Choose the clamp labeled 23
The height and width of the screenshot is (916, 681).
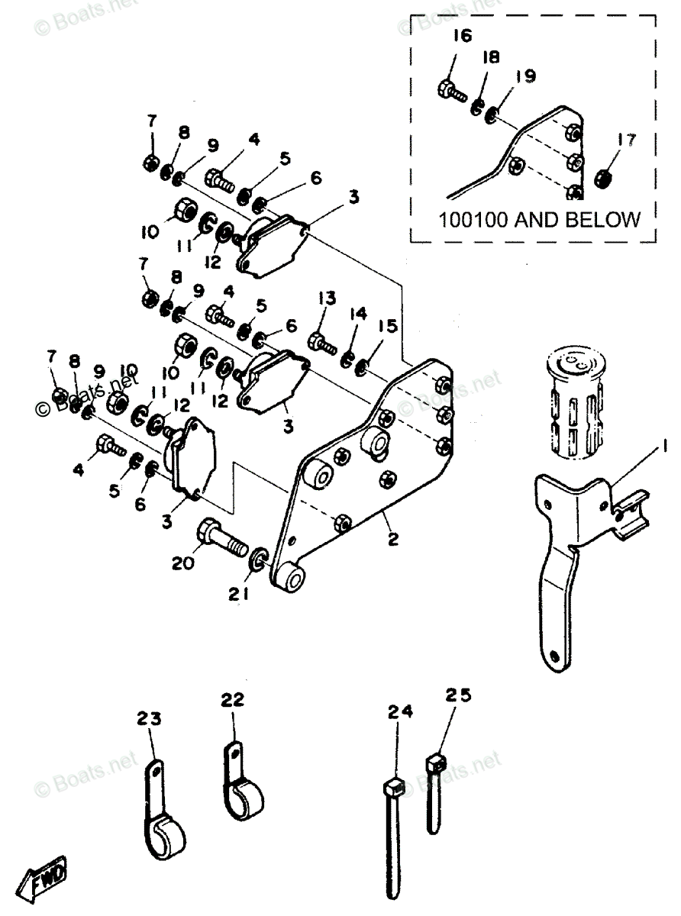[x=163, y=828]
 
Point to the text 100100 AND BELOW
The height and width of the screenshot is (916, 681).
[x=539, y=220]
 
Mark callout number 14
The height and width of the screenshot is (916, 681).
[x=359, y=314]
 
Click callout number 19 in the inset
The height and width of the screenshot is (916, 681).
[x=524, y=76]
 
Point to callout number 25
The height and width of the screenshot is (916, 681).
[x=459, y=695]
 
